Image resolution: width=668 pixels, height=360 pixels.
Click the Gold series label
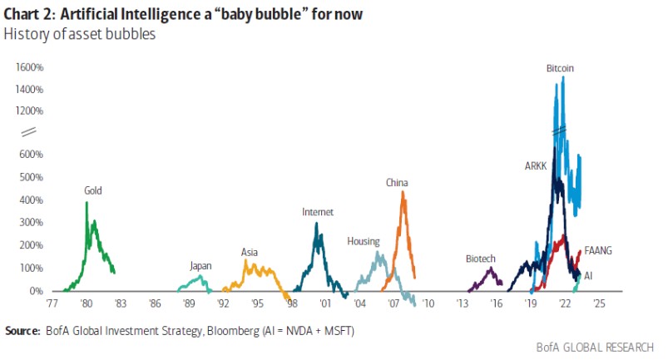tap(93, 190)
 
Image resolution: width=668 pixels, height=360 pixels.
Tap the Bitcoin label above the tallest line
tap(561, 67)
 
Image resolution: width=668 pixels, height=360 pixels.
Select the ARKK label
tap(537, 165)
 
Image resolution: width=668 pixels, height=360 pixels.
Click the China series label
tap(396, 182)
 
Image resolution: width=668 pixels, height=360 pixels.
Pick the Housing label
tap(364, 242)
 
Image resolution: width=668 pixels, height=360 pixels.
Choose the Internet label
tap(317, 212)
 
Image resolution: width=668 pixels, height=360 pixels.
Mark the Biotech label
tap(480, 259)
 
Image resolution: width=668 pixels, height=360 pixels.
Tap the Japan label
tap(200, 266)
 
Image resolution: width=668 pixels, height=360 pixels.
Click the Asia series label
tap(249, 252)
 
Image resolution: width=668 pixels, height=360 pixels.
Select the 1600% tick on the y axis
tap(29, 67)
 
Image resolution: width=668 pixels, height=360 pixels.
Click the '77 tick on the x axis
tap(52, 304)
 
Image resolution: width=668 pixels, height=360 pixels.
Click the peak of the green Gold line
tap(87, 203)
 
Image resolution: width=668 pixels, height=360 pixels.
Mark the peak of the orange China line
tap(403, 193)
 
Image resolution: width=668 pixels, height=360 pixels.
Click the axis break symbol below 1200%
tap(27, 131)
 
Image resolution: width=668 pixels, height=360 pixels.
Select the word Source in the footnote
tap(22, 331)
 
